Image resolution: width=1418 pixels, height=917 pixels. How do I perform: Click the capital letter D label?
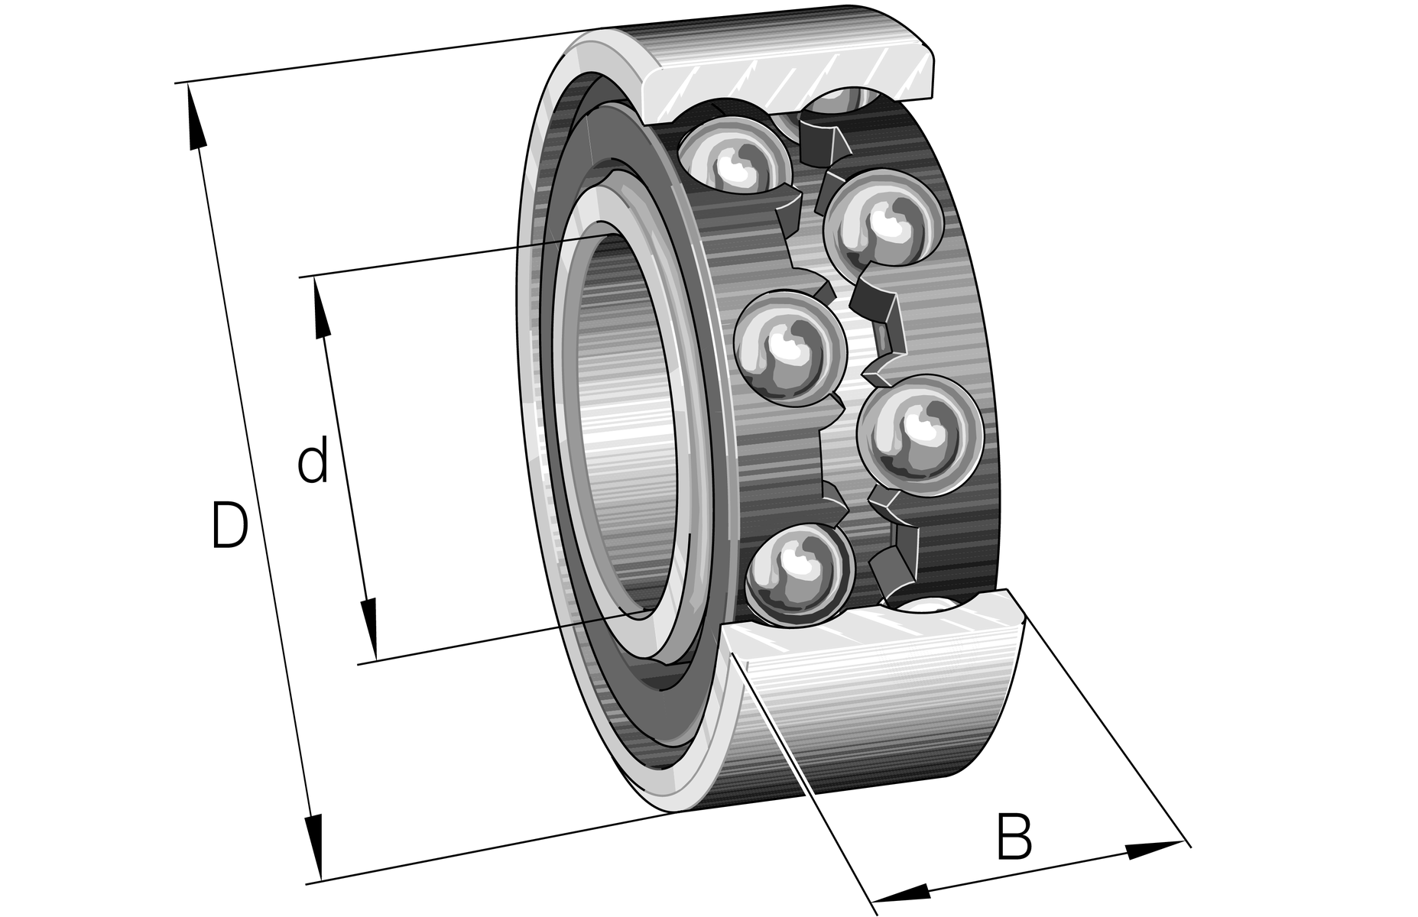229,525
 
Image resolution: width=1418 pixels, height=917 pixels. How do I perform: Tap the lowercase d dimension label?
313,460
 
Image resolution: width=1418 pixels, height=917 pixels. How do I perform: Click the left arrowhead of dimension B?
902,892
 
